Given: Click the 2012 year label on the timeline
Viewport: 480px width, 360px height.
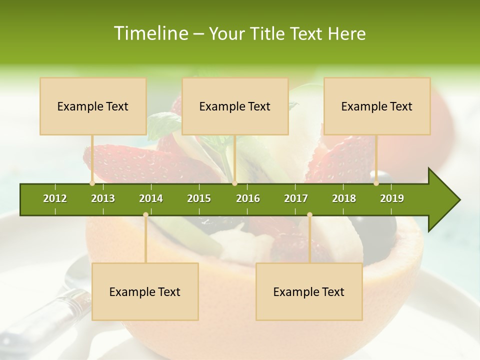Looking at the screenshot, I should pos(55,198).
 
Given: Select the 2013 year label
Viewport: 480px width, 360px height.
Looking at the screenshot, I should pos(103,198).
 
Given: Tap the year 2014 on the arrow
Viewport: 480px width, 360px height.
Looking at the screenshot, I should pos(151,198).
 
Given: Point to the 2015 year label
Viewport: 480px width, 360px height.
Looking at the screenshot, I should pos(199,198).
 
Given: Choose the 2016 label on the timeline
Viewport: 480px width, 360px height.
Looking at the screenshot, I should pos(248,198).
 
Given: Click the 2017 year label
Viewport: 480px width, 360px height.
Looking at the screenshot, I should pos(296,198).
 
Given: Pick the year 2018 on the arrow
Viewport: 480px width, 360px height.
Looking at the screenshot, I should pos(344,198).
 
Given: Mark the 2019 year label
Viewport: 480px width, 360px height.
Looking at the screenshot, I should pos(392,198).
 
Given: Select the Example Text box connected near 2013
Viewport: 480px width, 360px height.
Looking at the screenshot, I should pos(93,106).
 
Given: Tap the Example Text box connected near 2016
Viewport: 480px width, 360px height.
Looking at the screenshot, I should pos(235,106).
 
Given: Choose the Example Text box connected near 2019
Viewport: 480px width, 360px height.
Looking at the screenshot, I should pos(377,106).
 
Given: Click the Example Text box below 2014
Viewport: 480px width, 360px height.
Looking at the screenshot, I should pos(145,291).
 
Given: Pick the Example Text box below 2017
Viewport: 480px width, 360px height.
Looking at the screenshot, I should pos(309,291).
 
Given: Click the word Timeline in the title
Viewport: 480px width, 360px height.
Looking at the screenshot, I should pos(150,33).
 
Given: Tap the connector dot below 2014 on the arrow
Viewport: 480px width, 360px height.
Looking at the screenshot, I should pos(145,215).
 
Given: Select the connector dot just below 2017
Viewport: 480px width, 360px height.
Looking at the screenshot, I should pos(309,215).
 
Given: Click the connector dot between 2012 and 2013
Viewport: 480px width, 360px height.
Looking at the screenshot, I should pos(92,183).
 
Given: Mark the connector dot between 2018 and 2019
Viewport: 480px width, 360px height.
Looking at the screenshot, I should pos(376,183).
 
